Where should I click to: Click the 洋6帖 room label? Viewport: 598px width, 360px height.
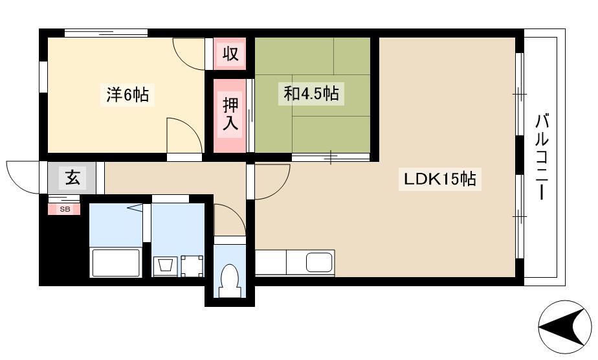tap(127, 95)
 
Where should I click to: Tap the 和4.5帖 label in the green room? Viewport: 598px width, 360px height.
tap(311, 93)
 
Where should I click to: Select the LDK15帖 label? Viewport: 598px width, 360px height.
tap(439, 179)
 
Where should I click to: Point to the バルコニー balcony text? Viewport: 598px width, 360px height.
tap(542, 156)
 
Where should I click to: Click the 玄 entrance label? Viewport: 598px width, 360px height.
tap(72, 177)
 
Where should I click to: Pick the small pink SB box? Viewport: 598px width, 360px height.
tap(64, 209)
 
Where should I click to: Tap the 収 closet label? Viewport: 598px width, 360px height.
tap(230, 53)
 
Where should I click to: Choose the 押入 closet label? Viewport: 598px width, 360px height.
tap(230, 114)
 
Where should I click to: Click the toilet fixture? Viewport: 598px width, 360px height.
tap(229, 280)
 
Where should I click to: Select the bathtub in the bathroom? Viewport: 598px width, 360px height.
tap(116, 262)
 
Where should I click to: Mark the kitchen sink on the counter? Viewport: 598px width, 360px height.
tap(320, 262)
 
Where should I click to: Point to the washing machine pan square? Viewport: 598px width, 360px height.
tap(192, 266)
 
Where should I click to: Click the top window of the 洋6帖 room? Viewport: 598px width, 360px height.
tap(106, 33)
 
